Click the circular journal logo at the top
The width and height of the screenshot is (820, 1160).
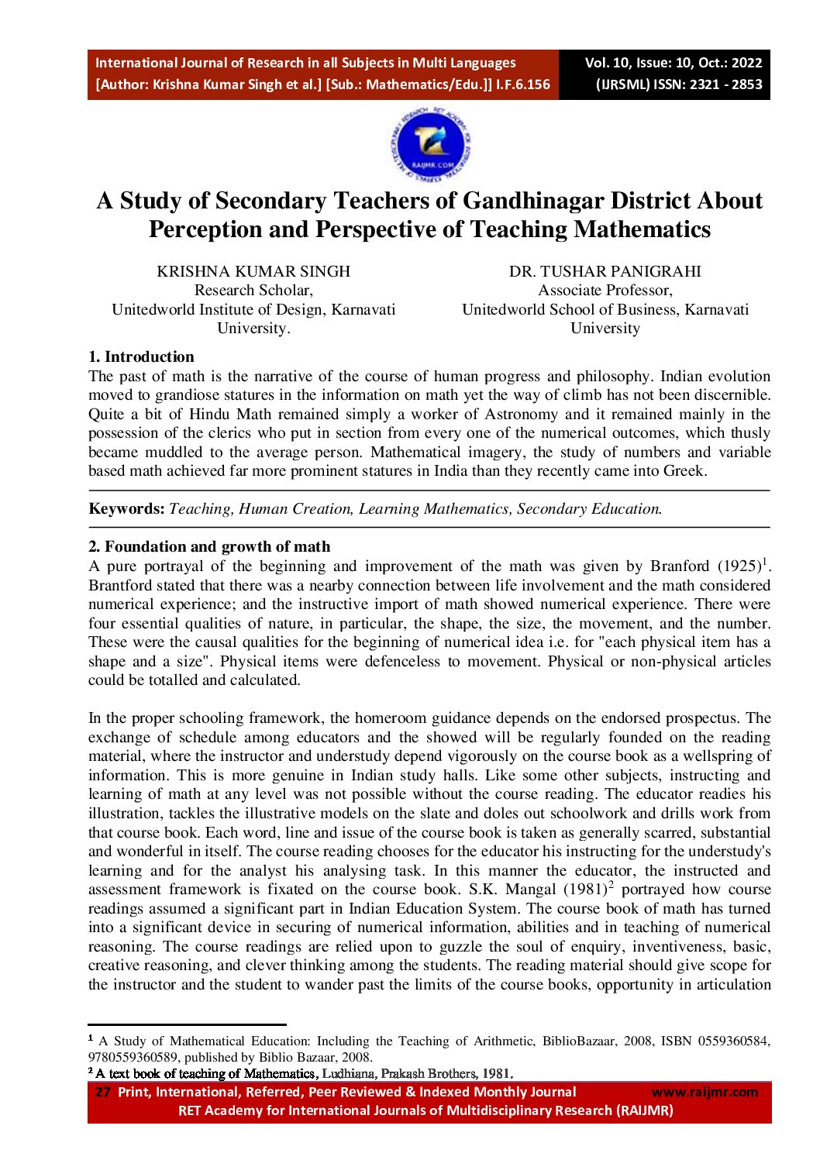[x=431, y=144]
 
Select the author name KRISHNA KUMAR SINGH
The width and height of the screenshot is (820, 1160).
[x=253, y=271]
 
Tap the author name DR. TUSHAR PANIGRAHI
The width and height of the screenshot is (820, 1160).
[x=605, y=271]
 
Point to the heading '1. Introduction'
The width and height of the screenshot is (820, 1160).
[x=141, y=356]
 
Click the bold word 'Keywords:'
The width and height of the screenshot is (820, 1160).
[x=126, y=509]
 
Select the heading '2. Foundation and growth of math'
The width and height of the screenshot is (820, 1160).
[x=209, y=546]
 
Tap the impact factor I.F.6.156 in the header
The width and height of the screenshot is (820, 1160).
[x=523, y=84]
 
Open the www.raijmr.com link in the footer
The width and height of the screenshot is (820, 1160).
[x=705, y=1092]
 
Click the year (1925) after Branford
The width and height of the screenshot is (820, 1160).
[x=739, y=566]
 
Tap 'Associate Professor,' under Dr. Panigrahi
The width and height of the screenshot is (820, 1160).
[x=605, y=291]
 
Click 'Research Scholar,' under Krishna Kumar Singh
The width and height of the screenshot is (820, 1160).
[x=253, y=291]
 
